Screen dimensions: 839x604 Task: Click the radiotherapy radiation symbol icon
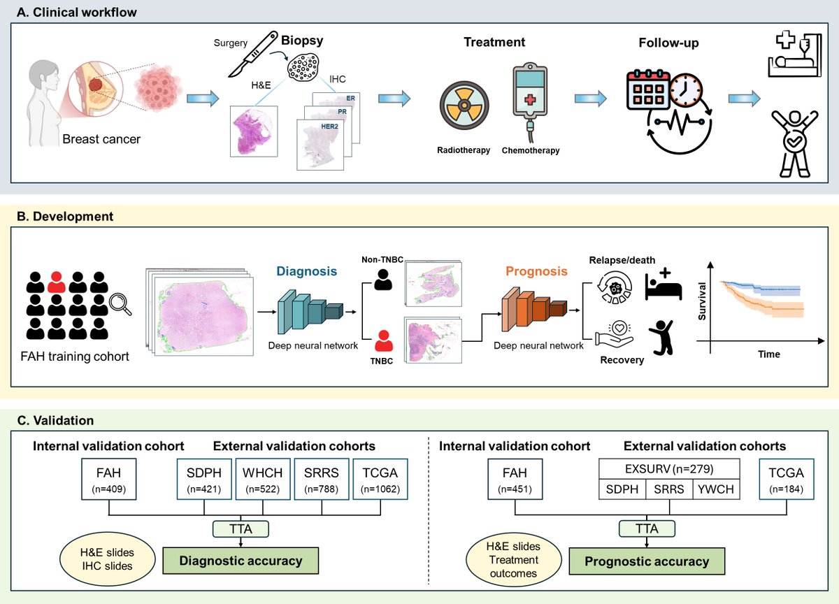tap(464, 106)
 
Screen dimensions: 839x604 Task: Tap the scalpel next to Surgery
tap(253, 54)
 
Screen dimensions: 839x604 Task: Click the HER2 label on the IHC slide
tap(329, 127)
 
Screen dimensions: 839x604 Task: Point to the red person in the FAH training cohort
tap(57, 282)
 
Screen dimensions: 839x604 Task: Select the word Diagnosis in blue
tap(306, 271)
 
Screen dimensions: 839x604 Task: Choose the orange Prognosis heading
tap(536, 271)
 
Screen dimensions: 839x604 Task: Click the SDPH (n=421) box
tap(204, 480)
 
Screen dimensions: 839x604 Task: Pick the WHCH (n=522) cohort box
tap(263, 480)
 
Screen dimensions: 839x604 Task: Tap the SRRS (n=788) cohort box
tap(322, 480)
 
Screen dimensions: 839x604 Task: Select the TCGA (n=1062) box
tap(380, 480)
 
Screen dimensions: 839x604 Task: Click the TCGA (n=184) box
tap(787, 480)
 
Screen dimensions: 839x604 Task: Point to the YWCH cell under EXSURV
tap(716, 489)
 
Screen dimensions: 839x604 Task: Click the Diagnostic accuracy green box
tap(241, 561)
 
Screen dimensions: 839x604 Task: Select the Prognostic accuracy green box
tap(647, 561)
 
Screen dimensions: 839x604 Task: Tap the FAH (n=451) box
tap(515, 480)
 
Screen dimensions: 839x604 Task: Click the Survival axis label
tap(702, 301)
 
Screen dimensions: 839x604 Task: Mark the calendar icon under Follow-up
tap(648, 90)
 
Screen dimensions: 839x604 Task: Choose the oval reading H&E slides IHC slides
tap(108, 559)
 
